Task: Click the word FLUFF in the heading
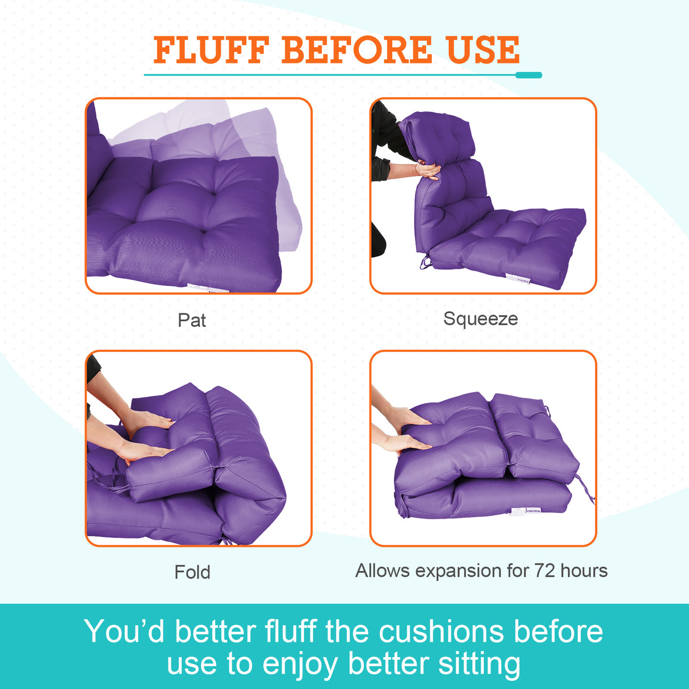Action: [211, 50]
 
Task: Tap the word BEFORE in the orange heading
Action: [356, 50]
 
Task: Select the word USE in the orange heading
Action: [483, 50]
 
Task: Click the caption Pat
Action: [192, 320]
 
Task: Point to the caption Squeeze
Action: [480, 319]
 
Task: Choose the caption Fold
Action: [192, 572]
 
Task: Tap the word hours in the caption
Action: [584, 570]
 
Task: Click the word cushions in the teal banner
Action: [441, 632]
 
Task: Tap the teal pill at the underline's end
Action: [529, 75]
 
